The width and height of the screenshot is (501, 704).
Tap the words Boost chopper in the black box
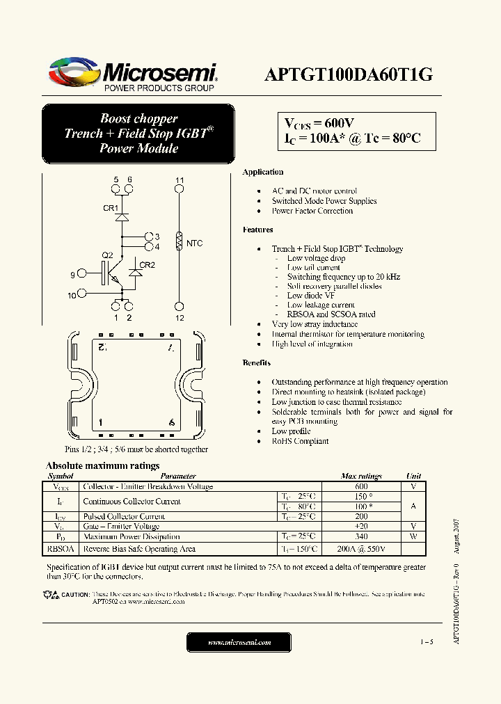pyautogui.click(x=138, y=119)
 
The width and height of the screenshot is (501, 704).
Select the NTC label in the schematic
pyautogui.click(x=195, y=243)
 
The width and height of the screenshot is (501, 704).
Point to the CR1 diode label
pyautogui.click(x=111, y=208)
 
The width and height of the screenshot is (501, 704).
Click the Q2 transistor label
pyautogui.click(x=108, y=255)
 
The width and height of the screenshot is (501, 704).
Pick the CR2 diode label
pyautogui.click(x=147, y=265)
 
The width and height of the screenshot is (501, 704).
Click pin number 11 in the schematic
pyautogui.click(x=180, y=181)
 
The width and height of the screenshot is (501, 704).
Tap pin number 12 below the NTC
pyautogui.click(x=180, y=318)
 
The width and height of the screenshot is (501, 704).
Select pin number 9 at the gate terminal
pyautogui.click(x=72, y=275)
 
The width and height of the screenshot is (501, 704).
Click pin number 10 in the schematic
pyautogui.click(x=72, y=296)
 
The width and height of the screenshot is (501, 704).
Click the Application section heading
pyautogui.click(x=262, y=172)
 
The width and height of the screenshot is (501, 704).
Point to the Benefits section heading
pyautogui.click(x=257, y=363)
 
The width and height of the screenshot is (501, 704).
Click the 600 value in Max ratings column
pyautogui.click(x=361, y=487)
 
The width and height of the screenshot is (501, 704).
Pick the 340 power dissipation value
pyautogui.click(x=361, y=536)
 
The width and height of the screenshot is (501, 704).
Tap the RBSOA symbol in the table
pyautogui.click(x=61, y=549)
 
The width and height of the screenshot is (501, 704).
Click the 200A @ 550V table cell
pyautogui.click(x=361, y=549)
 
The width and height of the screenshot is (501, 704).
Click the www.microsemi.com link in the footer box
pyautogui.click(x=239, y=643)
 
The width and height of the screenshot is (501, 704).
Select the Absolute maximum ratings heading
pyautogui.click(x=102, y=465)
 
